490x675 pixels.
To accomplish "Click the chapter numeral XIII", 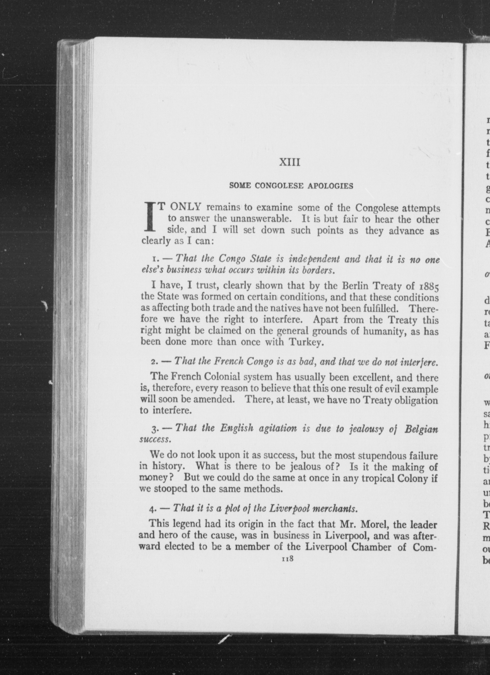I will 290,163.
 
